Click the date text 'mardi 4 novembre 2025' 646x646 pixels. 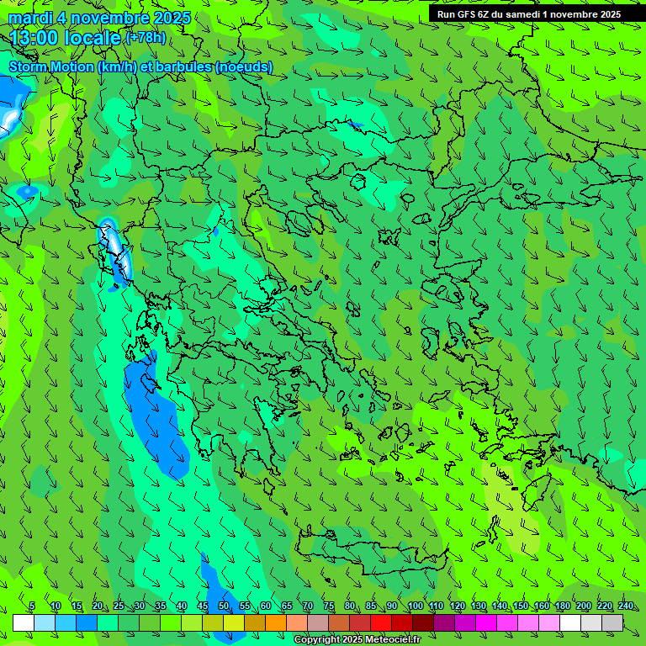pyautogui.click(x=99, y=18)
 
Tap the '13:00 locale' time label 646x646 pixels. pyautogui.click(x=66, y=38)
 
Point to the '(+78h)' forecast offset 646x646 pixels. pyautogui.click(x=146, y=38)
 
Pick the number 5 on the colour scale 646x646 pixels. pyautogui.click(x=32, y=606)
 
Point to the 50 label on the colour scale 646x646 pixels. pyautogui.click(x=223, y=606)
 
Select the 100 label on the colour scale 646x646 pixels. pyautogui.click(x=414, y=606)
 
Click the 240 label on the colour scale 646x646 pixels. pyautogui.click(x=625, y=606)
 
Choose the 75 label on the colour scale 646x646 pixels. pyautogui.click(x=328, y=606)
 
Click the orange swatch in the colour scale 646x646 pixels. pyautogui.click(x=276, y=622)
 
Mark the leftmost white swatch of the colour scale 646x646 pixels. pyautogui.click(x=24, y=622)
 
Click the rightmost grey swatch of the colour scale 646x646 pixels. pyautogui.click(x=612, y=622)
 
